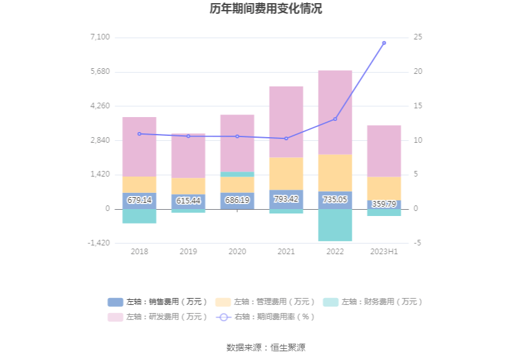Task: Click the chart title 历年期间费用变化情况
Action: pyautogui.click(x=266, y=9)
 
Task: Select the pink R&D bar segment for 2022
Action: pyautogui.click(x=335, y=112)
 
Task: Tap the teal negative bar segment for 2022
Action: pyautogui.click(x=335, y=225)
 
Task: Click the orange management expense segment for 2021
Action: pyautogui.click(x=286, y=173)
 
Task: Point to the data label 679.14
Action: pyautogui.click(x=139, y=200)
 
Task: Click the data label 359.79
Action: pyautogui.click(x=384, y=204)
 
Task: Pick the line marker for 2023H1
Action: pyautogui.click(x=384, y=43)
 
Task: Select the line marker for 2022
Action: pyautogui.click(x=335, y=119)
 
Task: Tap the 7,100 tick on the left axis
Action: pyautogui.click(x=100, y=38)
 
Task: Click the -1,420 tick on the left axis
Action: pyautogui.click(x=99, y=243)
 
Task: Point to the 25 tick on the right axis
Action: pyautogui.click(x=417, y=38)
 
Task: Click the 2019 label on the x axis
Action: pyautogui.click(x=188, y=252)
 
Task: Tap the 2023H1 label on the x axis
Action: pyautogui.click(x=384, y=252)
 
